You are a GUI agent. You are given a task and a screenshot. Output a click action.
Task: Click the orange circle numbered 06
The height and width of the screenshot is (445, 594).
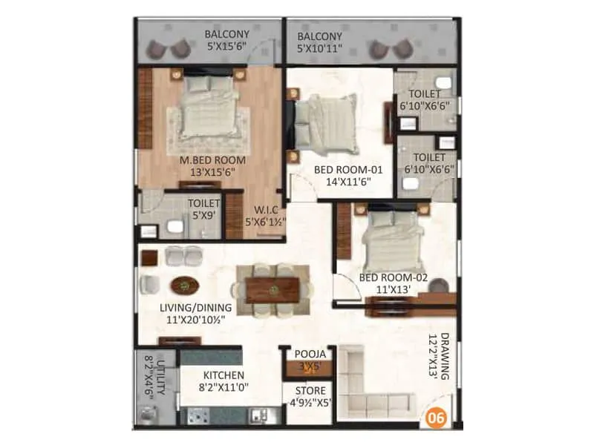(437, 418)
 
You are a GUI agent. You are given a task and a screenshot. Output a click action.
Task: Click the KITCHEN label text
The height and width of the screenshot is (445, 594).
(223, 375)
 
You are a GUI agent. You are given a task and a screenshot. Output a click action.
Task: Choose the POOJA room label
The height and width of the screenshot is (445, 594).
(308, 355)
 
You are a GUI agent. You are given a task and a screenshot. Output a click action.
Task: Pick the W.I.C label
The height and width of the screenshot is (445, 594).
(267, 208)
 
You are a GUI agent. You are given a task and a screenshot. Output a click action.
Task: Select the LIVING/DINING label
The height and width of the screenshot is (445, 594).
(195, 307)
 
